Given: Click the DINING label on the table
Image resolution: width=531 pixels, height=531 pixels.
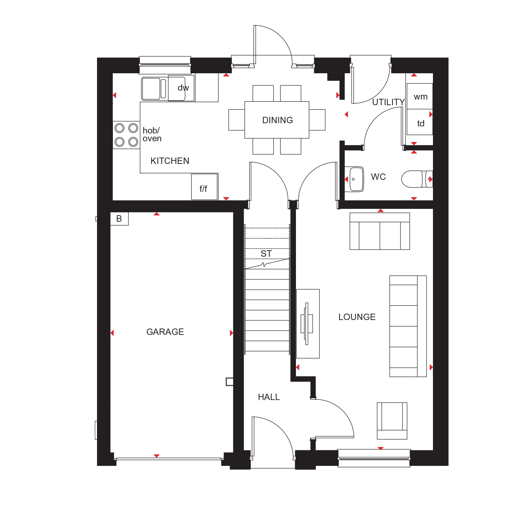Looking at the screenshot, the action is click(278, 120).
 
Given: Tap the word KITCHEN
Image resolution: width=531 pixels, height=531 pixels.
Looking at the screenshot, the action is click(170, 161).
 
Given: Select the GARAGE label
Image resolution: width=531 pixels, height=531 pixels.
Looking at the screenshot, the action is click(165, 332).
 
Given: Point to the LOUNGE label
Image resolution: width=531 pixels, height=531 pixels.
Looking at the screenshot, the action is click(357, 317).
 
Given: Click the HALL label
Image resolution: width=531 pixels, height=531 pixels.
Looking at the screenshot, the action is click(269, 397).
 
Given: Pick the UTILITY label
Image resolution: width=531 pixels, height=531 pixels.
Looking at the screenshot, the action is click(388, 102).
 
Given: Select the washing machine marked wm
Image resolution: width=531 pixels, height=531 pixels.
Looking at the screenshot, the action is click(420, 96).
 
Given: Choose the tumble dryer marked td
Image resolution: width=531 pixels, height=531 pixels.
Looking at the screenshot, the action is click(420, 122).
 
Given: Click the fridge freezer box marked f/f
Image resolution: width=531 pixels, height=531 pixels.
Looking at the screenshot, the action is click(204, 187).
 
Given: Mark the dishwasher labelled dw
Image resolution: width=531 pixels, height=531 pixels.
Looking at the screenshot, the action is click(181, 88).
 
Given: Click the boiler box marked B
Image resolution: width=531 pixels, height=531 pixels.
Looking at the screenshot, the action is click(119, 219).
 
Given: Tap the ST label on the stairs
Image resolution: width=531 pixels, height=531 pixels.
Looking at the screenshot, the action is click(266, 254).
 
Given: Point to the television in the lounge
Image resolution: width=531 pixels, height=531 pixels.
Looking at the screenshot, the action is click(307, 324).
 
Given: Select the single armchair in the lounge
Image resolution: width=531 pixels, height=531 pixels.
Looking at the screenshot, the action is click(392, 421).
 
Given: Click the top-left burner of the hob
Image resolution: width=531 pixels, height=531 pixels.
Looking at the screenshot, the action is click(120, 128).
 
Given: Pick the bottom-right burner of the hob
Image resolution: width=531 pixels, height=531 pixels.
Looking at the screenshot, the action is click(133, 142).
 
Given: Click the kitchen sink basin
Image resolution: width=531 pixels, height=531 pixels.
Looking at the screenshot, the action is click(151, 88).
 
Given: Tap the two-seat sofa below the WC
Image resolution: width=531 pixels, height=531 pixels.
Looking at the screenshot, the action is click(380, 231).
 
